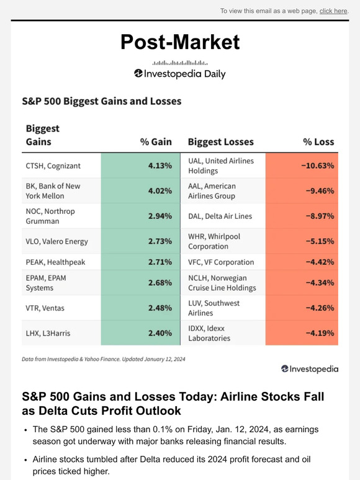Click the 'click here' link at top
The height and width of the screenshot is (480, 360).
click(x=333, y=11)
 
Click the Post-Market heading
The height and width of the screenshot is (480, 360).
click(x=179, y=42)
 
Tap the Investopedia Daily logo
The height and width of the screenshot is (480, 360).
click(x=179, y=74)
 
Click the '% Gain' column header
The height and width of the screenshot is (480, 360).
click(x=156, y=142)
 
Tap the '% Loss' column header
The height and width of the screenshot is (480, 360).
click(x=318, y=142)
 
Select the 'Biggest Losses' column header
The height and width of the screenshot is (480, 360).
click(x=220, y=142)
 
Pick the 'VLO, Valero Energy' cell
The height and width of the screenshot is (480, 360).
click(x=56, y=241)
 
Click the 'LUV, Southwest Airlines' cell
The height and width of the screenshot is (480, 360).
click(x=214, y=308)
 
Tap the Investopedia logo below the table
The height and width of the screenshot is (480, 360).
click(x=309, y=368)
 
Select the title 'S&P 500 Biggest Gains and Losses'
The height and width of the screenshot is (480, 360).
click(x=101, y=100)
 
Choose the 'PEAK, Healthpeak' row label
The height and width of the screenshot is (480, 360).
click(x=55, y=262)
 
